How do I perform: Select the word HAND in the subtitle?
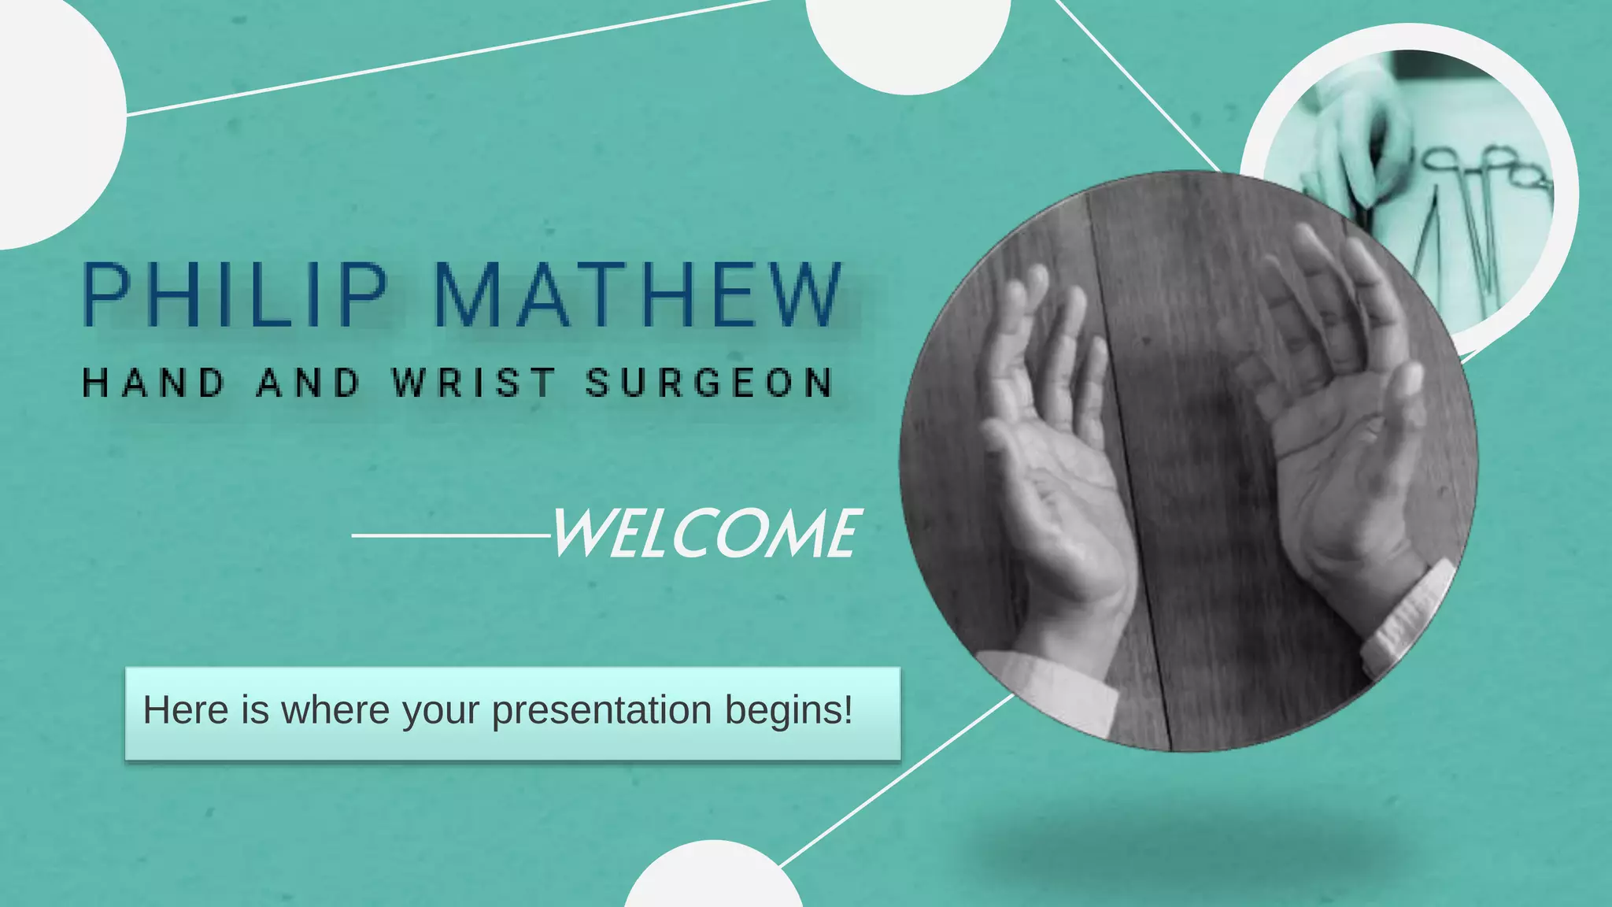pyautogui.click(x=154, y=383)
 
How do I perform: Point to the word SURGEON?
pyautogui.click(x=709, y=383)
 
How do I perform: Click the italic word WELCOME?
pyautogui.click(x=705, y=535)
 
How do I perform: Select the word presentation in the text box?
pyautogui.click(x=601, y=710)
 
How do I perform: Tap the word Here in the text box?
pyautogui.click(x=186, y=710)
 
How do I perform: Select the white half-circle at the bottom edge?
pyautogui.click(x=713, y=878)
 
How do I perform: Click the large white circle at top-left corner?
pyautogui.click(x=47, y=118)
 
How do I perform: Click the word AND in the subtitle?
pyautogui.click(x=309, y=383)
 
